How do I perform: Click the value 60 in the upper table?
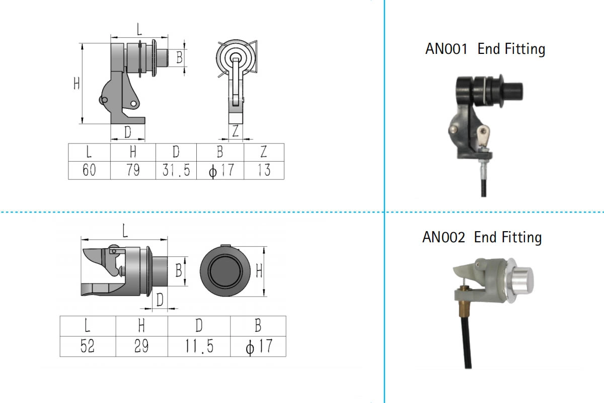pos(89,170)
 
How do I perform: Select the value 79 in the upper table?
pos(133,170)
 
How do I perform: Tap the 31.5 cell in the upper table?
pos(176,170)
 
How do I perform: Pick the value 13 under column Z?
pos(264,170)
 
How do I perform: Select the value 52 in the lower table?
pos(88,347)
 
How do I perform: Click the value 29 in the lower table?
pos(141,347)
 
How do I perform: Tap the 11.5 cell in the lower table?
pos(199,347)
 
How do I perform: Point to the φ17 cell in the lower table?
pos(258,347)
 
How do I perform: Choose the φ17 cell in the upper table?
pos(220,170)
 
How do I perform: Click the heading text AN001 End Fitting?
pos(485,49)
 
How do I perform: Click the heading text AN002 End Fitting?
pos(482,237)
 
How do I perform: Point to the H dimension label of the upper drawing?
pos(77,83)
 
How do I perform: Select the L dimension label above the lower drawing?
pos(124,231)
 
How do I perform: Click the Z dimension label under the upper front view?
pos(235,131)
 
